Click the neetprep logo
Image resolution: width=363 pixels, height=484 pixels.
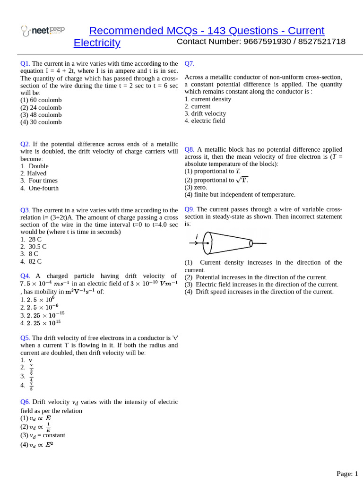coord(43,31)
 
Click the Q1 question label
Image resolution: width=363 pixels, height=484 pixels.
coord(25,64)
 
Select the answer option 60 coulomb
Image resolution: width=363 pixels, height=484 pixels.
coord(41,100)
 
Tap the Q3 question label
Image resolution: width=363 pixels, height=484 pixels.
coord(25,210)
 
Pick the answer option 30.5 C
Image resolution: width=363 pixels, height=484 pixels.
coord(37,247)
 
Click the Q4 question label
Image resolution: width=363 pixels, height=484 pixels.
coord(25,276)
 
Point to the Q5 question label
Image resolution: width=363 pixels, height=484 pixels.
coord(25,338)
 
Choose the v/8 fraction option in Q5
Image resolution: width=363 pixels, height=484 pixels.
coord(31,386)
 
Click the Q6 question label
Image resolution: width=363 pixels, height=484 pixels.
coord(25,402)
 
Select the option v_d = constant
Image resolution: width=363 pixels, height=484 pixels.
coord(47,435)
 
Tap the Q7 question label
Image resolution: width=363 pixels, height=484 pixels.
coord(189,64)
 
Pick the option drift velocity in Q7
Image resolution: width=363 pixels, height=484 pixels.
coord(208,113)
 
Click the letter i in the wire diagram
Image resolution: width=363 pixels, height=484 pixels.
coord(197,236)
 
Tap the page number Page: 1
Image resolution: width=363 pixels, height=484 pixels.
coord(347,474)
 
